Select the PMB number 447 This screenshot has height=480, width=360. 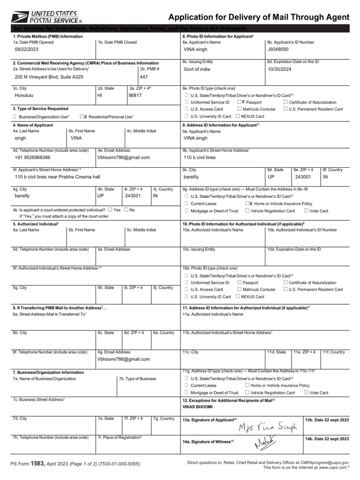144,76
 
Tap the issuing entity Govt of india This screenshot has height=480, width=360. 197,69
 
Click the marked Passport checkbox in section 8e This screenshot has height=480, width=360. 240,102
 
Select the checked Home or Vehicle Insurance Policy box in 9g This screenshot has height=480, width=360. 247,203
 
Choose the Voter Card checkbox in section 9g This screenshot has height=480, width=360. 306,211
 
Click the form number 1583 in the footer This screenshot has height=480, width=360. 37,464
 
